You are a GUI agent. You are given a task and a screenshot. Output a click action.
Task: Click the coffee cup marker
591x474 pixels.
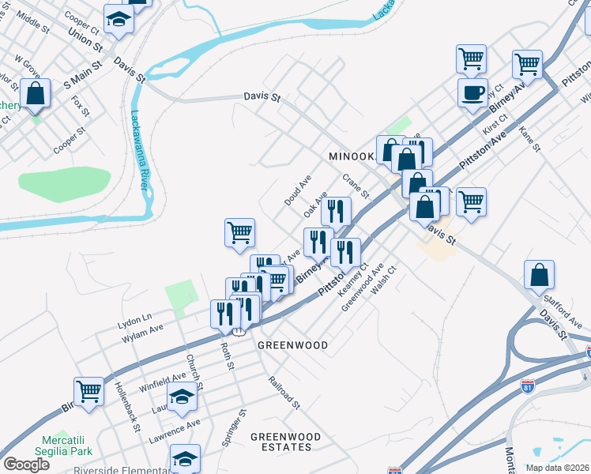click(x=472, y=92)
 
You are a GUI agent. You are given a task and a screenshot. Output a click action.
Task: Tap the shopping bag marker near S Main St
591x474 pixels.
click(x=36, y=93)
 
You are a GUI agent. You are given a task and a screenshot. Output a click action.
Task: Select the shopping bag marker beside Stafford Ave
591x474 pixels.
click(x=538, y=275)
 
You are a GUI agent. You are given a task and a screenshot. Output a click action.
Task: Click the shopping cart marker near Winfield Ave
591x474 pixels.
click(x=89, y=391)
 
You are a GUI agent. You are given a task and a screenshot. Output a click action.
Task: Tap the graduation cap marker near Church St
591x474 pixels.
click(x=183, y=399)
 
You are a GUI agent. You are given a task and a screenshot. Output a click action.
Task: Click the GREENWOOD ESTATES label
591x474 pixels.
click(x=285, y=442)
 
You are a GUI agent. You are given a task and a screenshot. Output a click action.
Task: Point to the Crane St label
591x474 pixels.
click(x=356, y=186)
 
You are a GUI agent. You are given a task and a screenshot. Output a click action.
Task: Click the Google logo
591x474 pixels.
click(x=26, y=464)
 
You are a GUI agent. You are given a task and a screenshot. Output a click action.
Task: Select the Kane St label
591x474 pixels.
click(x=529, y=137)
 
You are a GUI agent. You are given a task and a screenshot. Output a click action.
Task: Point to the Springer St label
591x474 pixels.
click(x=234, y=427)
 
